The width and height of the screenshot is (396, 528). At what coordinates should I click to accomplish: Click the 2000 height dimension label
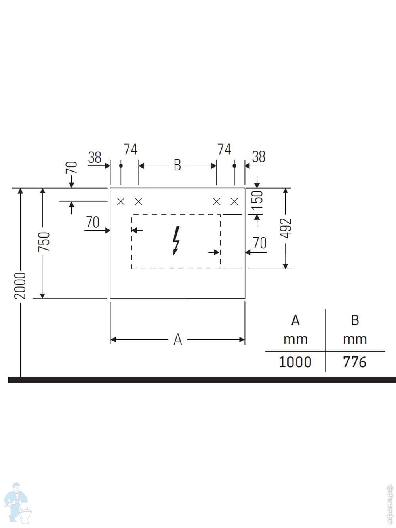20,286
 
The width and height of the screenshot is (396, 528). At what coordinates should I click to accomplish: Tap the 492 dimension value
286,228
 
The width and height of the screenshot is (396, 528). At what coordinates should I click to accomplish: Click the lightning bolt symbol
176,240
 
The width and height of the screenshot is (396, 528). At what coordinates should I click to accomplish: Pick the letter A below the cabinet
177,339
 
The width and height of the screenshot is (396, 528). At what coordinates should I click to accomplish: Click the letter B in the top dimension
177,165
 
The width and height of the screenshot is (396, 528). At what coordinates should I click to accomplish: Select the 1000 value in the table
295,362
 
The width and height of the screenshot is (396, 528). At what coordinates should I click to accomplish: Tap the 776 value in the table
354,362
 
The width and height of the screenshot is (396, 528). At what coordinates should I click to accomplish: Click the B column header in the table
355,320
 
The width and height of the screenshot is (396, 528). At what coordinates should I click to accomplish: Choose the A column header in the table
295,320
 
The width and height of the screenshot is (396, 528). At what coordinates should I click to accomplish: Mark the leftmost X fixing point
121,202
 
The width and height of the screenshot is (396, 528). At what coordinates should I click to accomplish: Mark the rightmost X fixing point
234,202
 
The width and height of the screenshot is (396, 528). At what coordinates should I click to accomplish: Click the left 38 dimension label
95,158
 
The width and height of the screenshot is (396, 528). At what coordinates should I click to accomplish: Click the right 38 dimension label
259,157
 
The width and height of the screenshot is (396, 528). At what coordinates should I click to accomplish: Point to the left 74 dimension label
130,150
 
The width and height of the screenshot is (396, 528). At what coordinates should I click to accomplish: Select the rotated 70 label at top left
72,168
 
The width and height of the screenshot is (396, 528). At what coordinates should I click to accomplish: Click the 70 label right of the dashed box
259,243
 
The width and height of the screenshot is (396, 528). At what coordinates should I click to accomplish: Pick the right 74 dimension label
224,149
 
